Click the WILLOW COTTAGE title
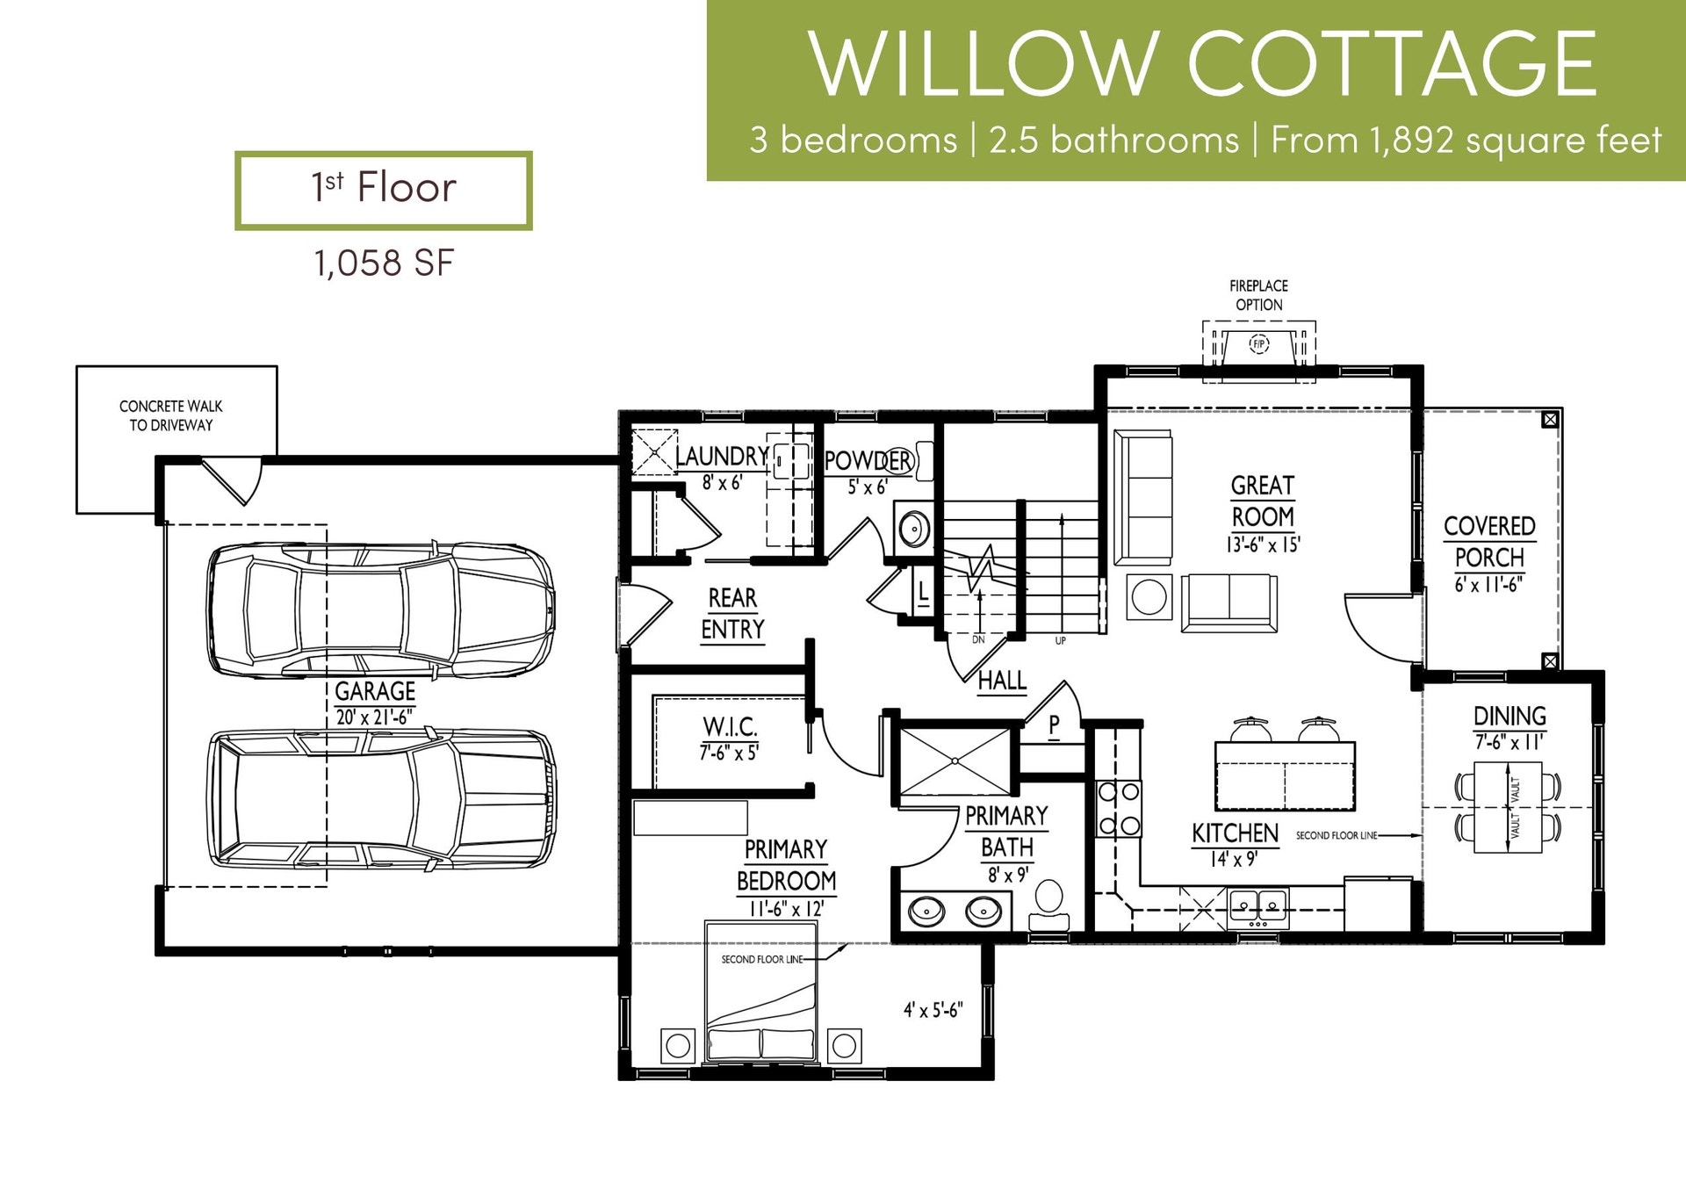click(1202, 63)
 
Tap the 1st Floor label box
click(384, 191)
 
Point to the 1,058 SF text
click(384, 263)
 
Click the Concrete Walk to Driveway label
click(171, 415)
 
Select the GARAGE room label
click(375, 691)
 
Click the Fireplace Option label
click(1258, 295)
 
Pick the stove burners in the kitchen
click(1120, 808)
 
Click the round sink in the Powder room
click(913, 530)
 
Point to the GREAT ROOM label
click(1263, 501)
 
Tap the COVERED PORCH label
click(1489, 542)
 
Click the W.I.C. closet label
click(730, 727)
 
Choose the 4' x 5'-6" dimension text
click(933, 1010)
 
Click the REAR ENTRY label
click(732, 614)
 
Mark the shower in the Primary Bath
click(955, 761)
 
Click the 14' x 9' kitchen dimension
click(1234, 859)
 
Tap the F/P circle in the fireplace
click(1259, 343)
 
